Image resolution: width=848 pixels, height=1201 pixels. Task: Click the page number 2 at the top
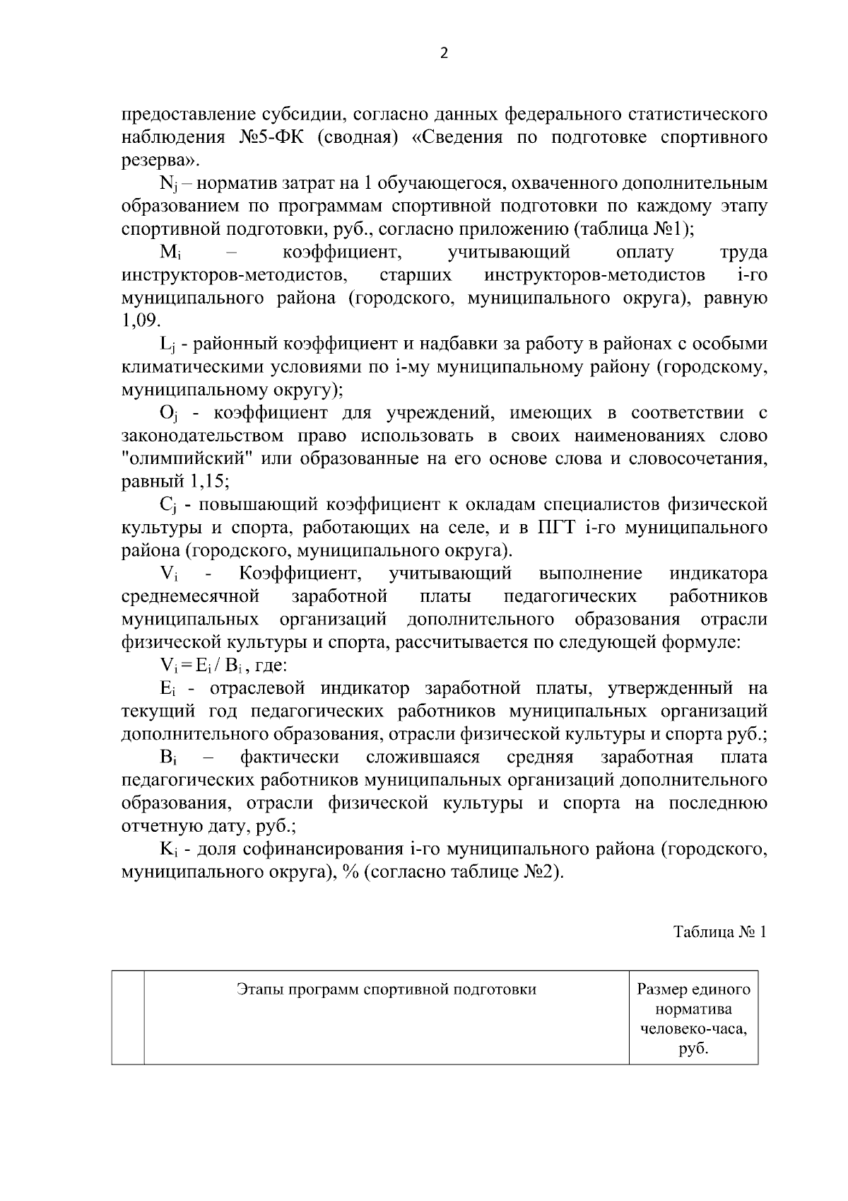[444, 54]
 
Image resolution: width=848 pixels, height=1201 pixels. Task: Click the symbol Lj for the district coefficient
[167, 344]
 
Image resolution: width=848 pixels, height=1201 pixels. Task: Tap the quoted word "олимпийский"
[187, 458]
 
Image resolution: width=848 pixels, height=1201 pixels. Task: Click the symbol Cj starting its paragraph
[167, 505]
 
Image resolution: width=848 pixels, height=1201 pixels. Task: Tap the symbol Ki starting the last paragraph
[167, 849]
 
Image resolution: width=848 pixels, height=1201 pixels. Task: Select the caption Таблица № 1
[719, 932]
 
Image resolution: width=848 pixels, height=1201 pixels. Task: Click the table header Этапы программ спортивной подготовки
[386, 990]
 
